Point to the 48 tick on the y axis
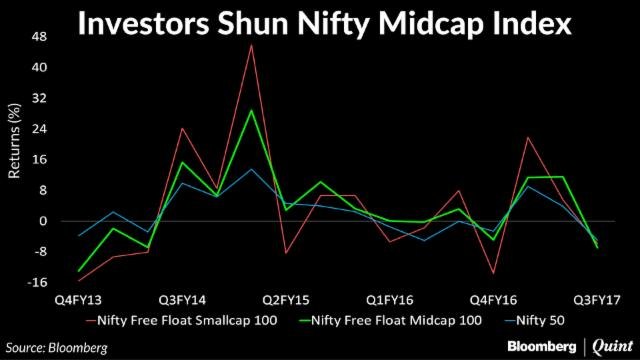click(40, 37)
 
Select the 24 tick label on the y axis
click(40, 129)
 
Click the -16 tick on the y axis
click(38, 282)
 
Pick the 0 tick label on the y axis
click(43, 221)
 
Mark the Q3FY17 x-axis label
click(594, 298)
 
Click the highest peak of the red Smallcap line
click(251, 45)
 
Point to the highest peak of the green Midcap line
click(251, 110)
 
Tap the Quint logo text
click(611, 345)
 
